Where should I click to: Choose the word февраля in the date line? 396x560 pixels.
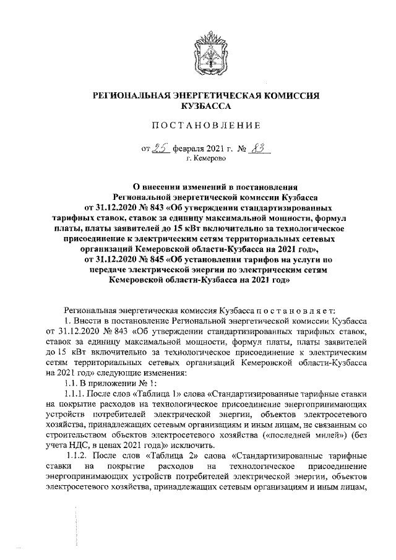tap(192, 149)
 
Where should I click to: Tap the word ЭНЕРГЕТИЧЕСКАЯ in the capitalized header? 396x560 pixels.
tap(215, 96)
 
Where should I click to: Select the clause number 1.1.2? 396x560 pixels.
tap(75, 457)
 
